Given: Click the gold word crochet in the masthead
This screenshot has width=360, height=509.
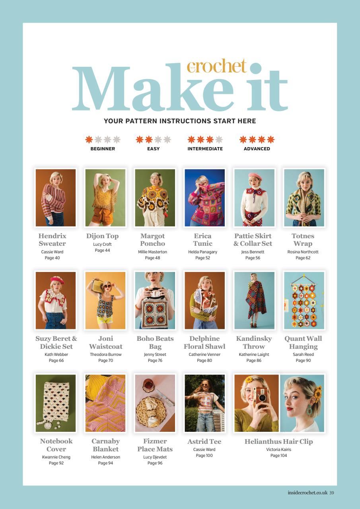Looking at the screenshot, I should tap(217, 66).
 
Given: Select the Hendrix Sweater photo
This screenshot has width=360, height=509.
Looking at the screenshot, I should tap(55, 198).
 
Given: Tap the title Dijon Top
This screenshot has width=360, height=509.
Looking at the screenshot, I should tap(102, 236).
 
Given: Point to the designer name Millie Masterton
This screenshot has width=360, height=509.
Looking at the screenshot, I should tap(152, 252).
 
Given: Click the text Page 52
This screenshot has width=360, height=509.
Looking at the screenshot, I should tap(202, 258).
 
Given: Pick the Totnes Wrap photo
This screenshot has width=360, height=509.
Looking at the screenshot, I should tap(304, 198).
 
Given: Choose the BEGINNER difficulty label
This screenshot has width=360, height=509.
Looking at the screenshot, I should tap(103, 149).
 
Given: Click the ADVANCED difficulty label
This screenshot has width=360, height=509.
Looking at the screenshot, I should tap(257, 149).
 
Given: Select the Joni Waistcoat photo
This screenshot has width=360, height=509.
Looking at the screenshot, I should tap(105, 300).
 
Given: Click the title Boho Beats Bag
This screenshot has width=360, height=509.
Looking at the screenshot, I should tap(155, 342).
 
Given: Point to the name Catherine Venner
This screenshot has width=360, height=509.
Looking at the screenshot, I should tap(204, 354).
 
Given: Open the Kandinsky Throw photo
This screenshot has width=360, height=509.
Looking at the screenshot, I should tap(254, 300).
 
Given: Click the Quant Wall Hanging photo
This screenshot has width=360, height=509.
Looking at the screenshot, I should tap(304, 300).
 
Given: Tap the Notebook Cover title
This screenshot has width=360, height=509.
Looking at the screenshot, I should tap(56, 445).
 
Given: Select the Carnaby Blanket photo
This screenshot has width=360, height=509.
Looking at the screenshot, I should tap(105, 403).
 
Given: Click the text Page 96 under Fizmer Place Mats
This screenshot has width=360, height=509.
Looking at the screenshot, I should tap(155, 463).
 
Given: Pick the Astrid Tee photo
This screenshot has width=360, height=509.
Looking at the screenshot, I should tap(204, 403).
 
